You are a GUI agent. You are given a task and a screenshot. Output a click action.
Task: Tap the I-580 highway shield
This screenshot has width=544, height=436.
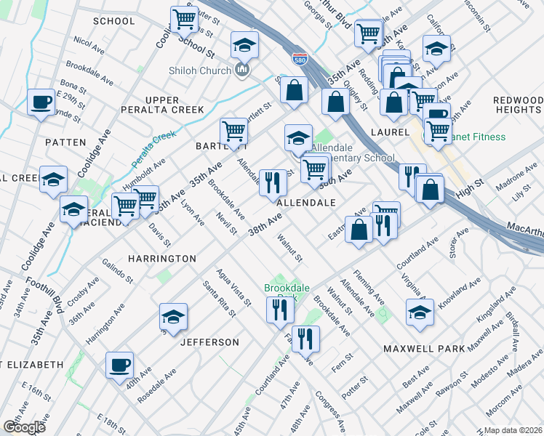[x=300, y=59]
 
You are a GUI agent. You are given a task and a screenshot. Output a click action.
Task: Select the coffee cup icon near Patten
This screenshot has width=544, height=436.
[x=41, y=102]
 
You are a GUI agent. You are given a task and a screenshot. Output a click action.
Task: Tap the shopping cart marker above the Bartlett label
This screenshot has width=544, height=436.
[x=234, y=131]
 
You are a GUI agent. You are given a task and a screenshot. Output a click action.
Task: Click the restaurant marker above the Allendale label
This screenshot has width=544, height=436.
[x=272, y=182]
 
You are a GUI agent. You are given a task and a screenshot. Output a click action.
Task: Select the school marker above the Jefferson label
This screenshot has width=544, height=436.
[x=173, y=316]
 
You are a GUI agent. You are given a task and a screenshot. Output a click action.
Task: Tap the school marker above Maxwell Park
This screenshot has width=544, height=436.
[x=420, y=312]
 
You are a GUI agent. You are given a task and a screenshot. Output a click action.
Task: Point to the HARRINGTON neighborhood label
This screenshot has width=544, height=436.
[x=162, y=259]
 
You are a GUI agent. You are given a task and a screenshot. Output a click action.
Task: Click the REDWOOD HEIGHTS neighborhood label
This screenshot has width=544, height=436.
[x=518, y=105]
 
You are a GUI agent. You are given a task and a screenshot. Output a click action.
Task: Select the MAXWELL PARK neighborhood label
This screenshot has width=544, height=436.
[x=424, y=349]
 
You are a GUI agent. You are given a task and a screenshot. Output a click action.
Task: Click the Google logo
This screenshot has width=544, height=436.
[x=24, y=427]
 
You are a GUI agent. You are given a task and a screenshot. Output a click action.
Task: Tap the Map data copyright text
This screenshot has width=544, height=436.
[x=513, y=430]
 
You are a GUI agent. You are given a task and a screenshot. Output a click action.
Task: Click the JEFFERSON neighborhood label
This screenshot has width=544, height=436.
[x=209, y=342]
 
